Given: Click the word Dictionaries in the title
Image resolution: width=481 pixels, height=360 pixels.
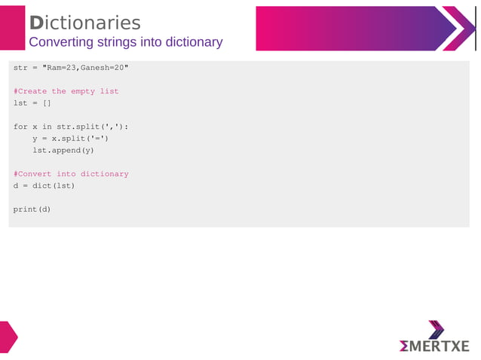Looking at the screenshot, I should (84, 23).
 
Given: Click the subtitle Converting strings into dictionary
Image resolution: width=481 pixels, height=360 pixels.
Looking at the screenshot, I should (125, 42).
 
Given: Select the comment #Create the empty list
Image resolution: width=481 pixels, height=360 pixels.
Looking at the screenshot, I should (66, 91).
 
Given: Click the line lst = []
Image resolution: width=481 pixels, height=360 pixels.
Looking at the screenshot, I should (32, 103).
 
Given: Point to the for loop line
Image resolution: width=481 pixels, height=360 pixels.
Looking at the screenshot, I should (70, 127).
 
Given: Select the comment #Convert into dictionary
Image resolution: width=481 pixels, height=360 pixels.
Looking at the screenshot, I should (71, 174).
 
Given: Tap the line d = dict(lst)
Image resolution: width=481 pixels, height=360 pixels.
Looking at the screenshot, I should (44, 185).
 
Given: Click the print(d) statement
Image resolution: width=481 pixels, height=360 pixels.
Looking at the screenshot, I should (32, 209).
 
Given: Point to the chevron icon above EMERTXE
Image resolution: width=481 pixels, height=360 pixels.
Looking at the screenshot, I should (437, 328).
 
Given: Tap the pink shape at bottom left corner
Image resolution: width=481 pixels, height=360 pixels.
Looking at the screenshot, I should (8, 336).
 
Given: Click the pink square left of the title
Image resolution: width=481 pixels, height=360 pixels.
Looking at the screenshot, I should (12, 28).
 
